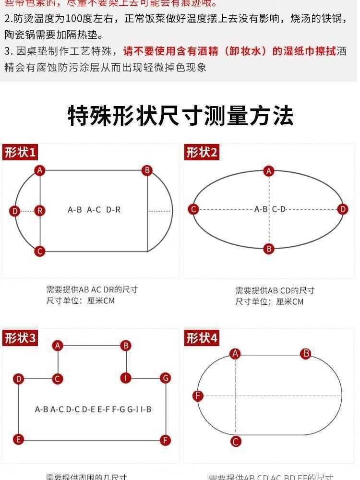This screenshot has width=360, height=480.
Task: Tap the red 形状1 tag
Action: (20, 153)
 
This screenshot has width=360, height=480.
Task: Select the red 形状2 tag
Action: (202, 153)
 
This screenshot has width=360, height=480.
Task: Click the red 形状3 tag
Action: (20, 338)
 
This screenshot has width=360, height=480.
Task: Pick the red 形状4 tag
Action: (202, 338)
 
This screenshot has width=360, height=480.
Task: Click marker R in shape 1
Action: (40, 210)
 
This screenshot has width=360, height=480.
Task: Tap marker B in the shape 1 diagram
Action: (147, 170)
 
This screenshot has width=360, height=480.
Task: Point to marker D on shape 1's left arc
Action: (15, 211)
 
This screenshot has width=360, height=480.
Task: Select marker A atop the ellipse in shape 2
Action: (269, 171)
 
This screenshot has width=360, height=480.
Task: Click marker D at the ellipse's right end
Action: (342, 209)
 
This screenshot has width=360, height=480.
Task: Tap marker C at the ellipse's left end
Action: (193, 209)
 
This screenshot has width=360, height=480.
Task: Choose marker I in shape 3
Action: (126, 378)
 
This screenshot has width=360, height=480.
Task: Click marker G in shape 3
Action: (166, 378)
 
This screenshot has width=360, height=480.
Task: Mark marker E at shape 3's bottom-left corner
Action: (19, 439)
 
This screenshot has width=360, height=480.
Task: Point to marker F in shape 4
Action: (198, 396)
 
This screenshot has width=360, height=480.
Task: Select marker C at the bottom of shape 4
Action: (236, 442)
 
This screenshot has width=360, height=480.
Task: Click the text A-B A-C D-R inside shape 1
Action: (94, 210)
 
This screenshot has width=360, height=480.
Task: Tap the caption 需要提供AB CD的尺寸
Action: (275, 290)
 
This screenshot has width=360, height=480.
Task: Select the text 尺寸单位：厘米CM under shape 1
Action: (81, 301)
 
